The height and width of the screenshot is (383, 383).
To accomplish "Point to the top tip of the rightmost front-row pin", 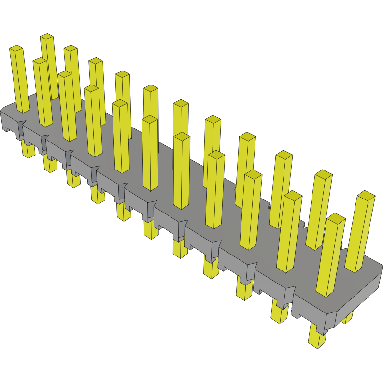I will click(336, 217).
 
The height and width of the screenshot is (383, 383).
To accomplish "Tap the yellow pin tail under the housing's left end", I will click(28, 149).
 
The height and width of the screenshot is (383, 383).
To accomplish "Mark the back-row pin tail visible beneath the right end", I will click(347, 317).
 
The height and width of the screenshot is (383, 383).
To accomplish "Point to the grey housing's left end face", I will click(9, 121).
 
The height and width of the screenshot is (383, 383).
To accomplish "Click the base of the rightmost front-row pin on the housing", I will click(326, 292).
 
